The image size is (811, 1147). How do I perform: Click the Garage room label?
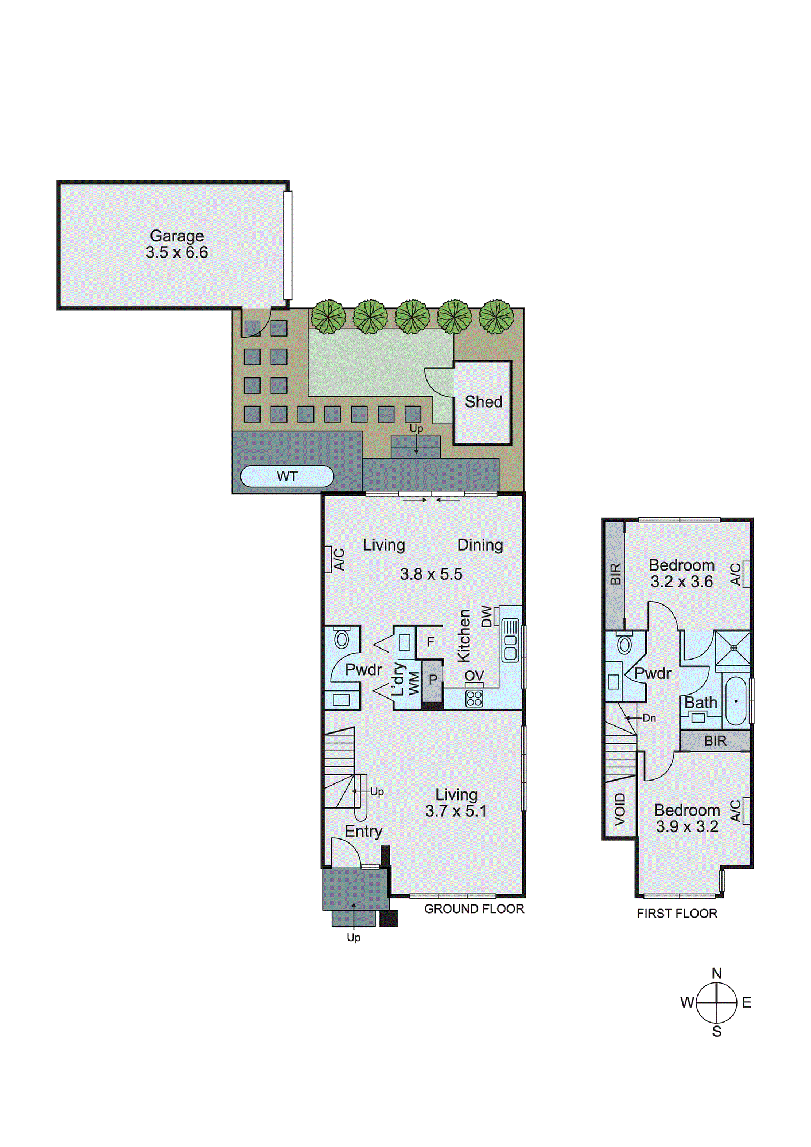[x=177, y=236]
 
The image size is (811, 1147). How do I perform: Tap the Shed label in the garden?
[x=483, y=402]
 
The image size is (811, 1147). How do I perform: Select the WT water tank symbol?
[x=287, y=477]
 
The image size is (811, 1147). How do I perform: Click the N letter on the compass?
[x=716, y=973]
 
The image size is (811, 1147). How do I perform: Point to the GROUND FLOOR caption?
[x=474, y=909]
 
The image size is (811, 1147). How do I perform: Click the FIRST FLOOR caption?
[x=677, y=914]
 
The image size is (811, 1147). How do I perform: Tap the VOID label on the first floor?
[x=620, y=809]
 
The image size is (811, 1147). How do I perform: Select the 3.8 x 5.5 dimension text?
[x=431, y=574]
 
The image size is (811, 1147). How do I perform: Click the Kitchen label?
[x=464, y=636]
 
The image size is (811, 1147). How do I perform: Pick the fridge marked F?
[x=430, y=642]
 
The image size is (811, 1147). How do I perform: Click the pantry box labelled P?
[x=433, y=680]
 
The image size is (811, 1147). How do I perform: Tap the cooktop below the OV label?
[x=474, y=698]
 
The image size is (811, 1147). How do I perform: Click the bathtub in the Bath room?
[x=736, y=701]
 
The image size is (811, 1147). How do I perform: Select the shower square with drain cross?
[x=733, y=648]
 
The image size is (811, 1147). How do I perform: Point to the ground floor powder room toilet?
[x=342, y=638]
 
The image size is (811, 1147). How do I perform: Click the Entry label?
[x=363, y=832]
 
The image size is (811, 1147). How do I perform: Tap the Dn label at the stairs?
[x=649, y=718]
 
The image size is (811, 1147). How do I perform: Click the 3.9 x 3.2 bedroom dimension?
[x=687, y=826]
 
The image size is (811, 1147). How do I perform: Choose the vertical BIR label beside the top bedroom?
[x=615, y=574]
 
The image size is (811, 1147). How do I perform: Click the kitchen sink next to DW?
[x=510, y=641]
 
